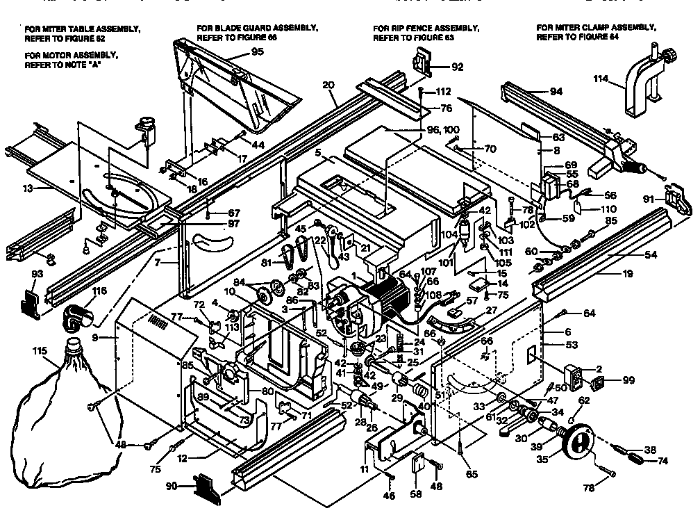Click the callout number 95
pyautogui.click(x=258, y=52)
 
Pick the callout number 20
pyautogui.click(x=328, y=85)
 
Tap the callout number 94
pyautogui.click(x=556, y=92)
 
